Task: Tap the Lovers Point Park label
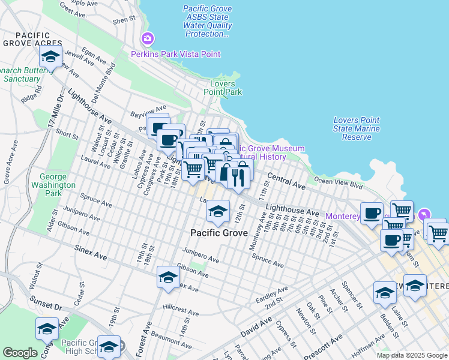coord(222,88)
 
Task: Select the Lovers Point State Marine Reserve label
coord(357,128)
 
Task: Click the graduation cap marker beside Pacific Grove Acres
coord(50,57)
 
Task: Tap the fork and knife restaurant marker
coord(238,177)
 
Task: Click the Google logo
coord(20,353)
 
